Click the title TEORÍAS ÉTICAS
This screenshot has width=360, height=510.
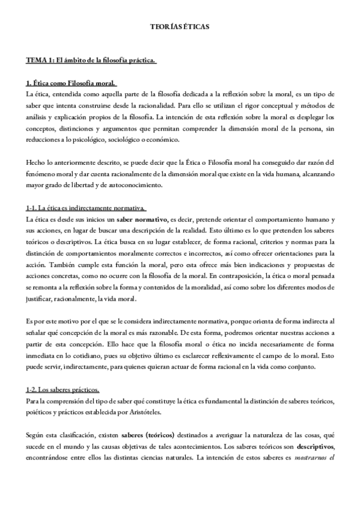pyautogui.click(x=180, y=27)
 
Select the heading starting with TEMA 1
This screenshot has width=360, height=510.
pyautogui.click(x=91, y=61)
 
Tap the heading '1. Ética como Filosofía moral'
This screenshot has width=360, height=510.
pyautogui.click(x=71, y=83)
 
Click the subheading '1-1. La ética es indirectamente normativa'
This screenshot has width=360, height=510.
pyautogui.click(x=86, y=208)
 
